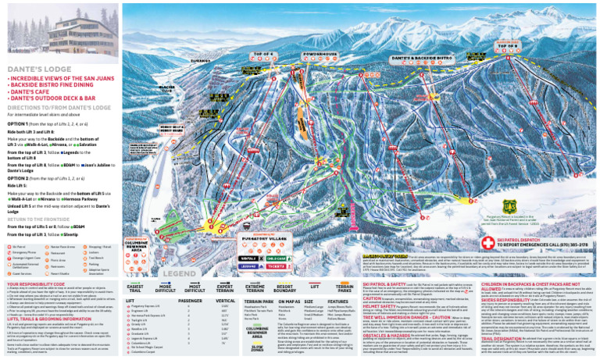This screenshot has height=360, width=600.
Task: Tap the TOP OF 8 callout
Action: [x=508, y=45]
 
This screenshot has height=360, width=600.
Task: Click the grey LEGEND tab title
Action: [x=179, y=274]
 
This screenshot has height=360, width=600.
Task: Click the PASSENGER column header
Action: [x=190, y=300]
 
